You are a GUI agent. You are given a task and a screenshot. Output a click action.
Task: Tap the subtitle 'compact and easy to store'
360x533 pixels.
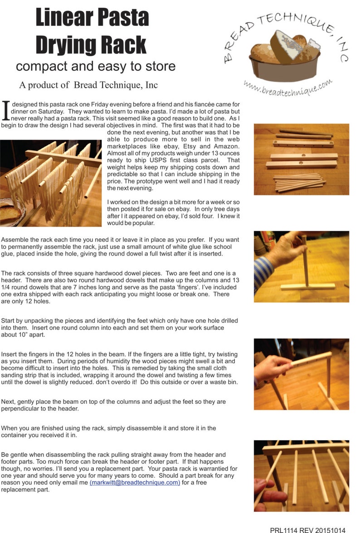click(95, 66)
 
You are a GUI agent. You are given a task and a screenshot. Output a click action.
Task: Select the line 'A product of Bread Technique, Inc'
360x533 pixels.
click(88, 85)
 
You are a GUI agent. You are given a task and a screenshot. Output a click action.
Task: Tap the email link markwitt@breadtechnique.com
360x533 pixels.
click(135, 482)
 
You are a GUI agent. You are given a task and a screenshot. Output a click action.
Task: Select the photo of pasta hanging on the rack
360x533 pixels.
click(50, 183)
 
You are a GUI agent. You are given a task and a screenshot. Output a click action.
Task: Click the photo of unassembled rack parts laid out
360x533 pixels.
click(301, 159)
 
